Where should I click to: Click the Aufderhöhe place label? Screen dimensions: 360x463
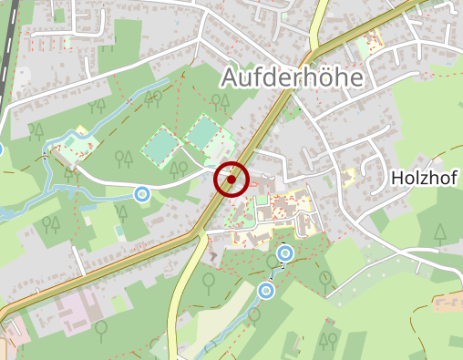click(x=292, y=78)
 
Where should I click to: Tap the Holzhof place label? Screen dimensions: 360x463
click(x=426, y=177)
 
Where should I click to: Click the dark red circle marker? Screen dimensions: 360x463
click(x=232, y=180)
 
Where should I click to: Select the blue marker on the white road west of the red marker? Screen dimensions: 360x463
click(x=141, y=193)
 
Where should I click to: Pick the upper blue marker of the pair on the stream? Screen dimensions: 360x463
click(x=285, y=252)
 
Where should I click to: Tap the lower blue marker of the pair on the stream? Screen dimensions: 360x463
click(x=266, y=290)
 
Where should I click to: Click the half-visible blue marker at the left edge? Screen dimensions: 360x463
click(x=1, y=149)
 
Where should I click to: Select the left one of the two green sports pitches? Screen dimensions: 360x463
click(x=160, y=147)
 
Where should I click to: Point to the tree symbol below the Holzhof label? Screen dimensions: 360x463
click(x=440, y=231)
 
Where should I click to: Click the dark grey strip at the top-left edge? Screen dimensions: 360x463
click(x=8, y=36)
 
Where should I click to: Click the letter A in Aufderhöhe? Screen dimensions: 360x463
click(x=230, y=78)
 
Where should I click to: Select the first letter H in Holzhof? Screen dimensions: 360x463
click(x=396, y=177)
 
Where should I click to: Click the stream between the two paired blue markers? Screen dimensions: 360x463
click(x=273, y=272)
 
